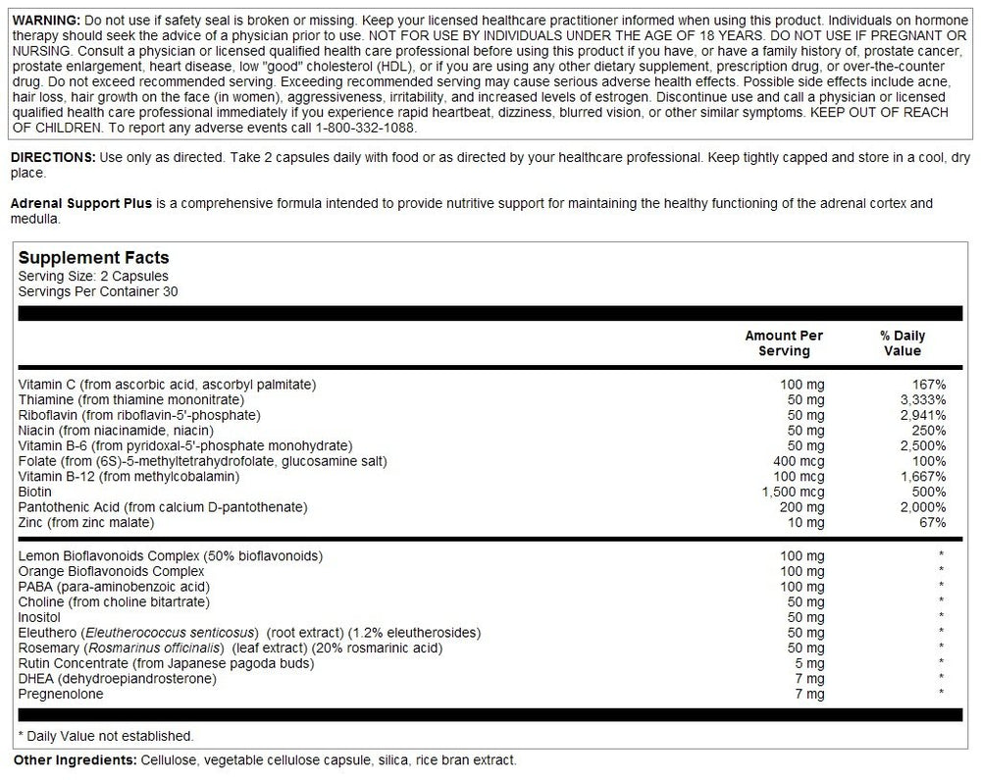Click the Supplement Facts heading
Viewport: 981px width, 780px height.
(93, 258)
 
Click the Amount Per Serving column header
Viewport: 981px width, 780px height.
(784, 342)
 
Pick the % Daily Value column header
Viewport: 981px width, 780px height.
(903, 342)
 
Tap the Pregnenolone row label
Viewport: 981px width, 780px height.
(61, 694)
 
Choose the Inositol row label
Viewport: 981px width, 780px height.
(40, 617)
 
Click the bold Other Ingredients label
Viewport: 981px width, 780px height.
(74, 760)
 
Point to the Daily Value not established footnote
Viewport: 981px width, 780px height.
(106, 736)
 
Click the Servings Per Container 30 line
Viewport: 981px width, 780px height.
(98, 290)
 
